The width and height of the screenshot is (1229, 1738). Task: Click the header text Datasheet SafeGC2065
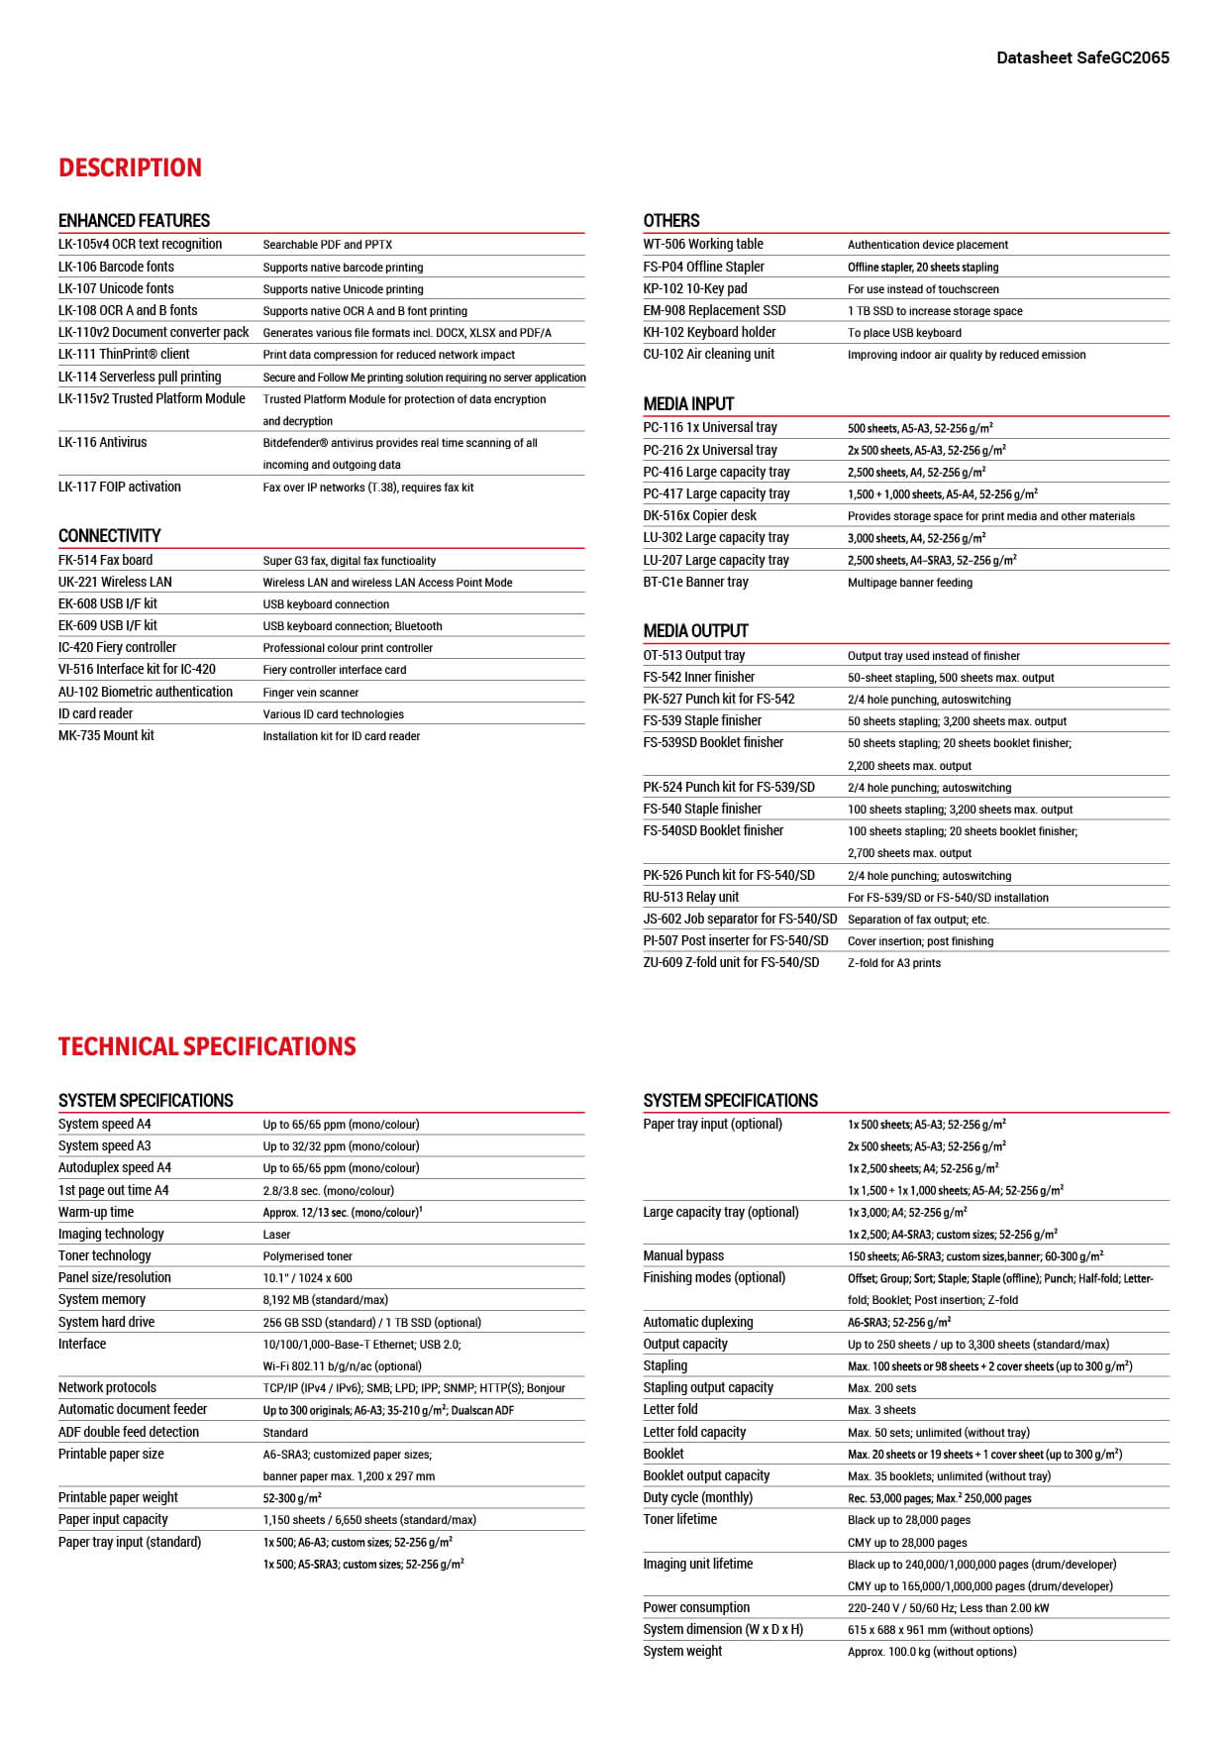pos(1082,57)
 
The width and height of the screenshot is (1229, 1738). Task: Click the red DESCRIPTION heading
pos(130,167)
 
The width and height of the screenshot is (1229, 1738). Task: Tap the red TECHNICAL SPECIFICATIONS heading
pos(207,1046)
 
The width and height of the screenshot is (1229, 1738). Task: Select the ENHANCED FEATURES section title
pos(134,220)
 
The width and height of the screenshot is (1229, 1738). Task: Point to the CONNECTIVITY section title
pos(109,535)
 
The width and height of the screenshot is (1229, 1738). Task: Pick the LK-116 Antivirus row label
pos(102,442)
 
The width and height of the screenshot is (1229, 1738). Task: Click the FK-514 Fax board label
pos(105,560)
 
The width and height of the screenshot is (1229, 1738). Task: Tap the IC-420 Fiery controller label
pos(117,647)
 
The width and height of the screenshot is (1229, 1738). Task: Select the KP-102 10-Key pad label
pos(695,288)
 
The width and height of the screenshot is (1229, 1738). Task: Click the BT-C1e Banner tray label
pos(695,582)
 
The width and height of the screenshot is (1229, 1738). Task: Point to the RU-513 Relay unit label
pos(690,897)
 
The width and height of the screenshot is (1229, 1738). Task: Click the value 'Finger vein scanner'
pos(310,693)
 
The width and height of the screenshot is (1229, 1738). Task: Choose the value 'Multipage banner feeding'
pos(909,583)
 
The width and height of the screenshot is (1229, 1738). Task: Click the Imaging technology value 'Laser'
pos(276,1235)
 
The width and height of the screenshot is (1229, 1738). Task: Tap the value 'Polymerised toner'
pos(307,1256)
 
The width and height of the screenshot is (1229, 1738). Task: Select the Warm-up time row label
pos(95,1212)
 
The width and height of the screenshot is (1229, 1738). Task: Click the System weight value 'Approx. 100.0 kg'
pos(931,1652)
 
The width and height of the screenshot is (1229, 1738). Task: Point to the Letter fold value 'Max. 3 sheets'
pos(881,1410)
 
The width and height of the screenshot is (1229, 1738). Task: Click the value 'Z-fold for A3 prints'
pos(893,963)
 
